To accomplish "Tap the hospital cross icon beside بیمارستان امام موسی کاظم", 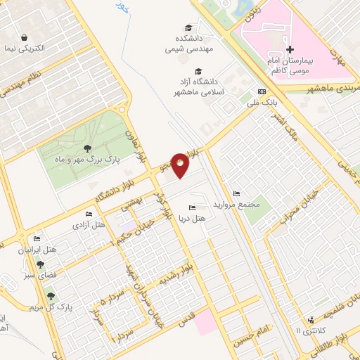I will [x=290, y=49].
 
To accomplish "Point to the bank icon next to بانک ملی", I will [x=262, y=91].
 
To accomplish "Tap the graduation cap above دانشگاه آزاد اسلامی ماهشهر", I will [x=198, y=71].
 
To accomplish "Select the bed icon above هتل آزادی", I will [x=88, y=214].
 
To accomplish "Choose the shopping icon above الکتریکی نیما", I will [x=25, y=37].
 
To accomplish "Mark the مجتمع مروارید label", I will [x=244, y=205].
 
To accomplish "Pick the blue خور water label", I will [x=122, y=8].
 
